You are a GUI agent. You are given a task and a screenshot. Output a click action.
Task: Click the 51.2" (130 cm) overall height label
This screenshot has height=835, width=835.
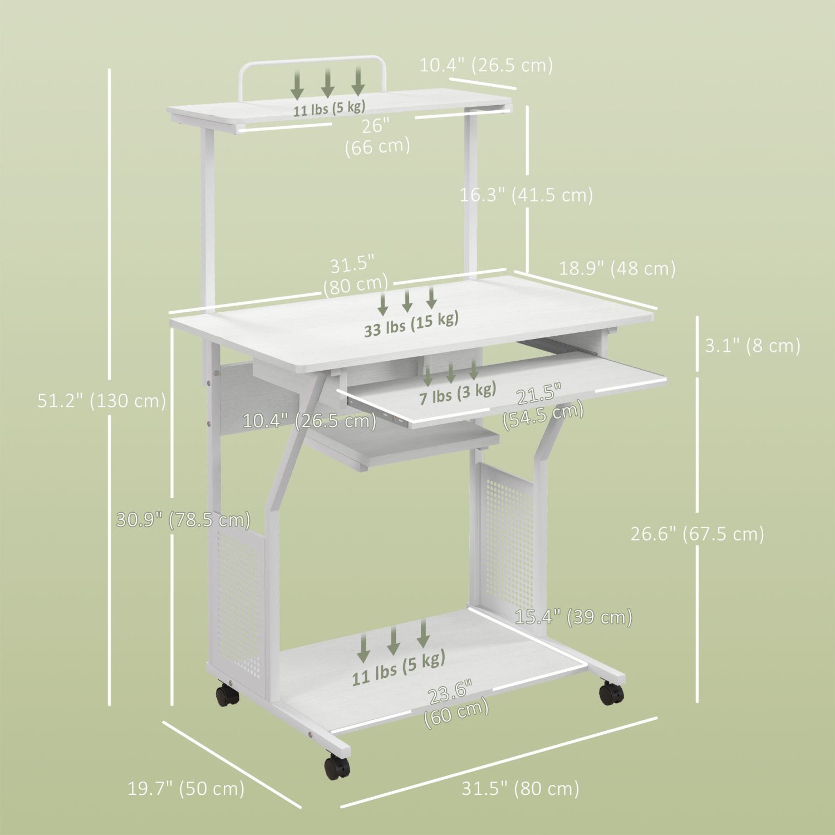(102, 401)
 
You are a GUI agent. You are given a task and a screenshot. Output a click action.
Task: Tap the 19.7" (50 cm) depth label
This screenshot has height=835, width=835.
(186, 788)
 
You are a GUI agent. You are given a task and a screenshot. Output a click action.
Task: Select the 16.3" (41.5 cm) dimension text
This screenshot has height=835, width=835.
(526, 195)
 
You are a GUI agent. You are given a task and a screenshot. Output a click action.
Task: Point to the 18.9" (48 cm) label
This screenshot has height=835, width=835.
(617, 268)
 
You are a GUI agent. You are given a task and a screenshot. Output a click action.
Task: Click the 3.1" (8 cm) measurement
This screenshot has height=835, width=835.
(753, 346)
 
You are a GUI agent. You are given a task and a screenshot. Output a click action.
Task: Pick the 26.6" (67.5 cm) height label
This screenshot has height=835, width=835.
(697, 534)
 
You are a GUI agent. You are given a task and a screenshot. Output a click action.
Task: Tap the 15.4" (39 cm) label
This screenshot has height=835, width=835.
(573, 617)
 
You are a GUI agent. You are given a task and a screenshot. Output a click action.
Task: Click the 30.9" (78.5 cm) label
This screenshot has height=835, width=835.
(183, 520)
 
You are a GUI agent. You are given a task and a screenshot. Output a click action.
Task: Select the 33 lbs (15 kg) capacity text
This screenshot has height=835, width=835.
(411, 323)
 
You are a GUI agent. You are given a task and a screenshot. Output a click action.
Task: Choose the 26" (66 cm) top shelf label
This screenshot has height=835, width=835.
(377, 136)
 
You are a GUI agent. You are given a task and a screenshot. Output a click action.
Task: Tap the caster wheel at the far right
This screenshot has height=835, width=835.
(611, 693)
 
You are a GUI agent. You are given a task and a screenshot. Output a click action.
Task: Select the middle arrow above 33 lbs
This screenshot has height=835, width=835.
(407, 301)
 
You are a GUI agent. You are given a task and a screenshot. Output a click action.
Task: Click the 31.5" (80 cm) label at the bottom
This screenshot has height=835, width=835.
(520, 788)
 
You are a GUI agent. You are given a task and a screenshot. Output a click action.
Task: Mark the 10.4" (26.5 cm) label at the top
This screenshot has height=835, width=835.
(486, 65)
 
